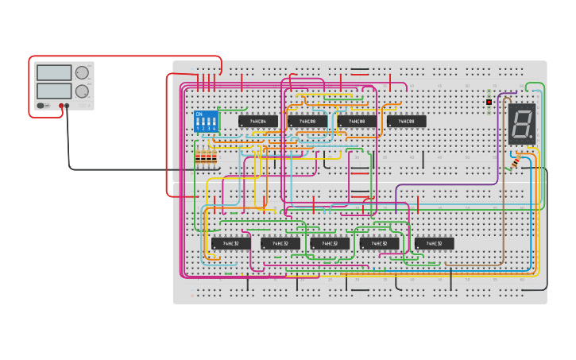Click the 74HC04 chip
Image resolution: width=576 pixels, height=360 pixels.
tap(258, 122)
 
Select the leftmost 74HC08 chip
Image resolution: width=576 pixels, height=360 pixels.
tap(307, 122)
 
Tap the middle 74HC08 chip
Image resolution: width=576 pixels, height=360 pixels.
tap(357, 122)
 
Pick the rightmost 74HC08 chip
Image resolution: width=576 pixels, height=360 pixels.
tap(406, 122)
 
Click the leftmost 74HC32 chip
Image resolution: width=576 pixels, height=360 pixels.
tap(231, 243)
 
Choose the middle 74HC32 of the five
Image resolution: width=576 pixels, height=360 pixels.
tap(330, 243)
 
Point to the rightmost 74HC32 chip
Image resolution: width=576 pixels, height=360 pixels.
tap(434, 243)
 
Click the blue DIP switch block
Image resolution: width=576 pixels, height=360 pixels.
tap(206, 122)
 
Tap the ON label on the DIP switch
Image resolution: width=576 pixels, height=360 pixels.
tap(199, 114)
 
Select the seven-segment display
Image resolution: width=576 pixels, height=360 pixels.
tap(522, 123)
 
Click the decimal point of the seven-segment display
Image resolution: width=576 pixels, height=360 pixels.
tap(532, 137)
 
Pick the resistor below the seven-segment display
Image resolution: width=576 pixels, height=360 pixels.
tap(516, 161)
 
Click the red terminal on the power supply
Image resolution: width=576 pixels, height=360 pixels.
tap(60, 105)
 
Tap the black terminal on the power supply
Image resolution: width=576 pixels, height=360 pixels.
tap(67, 105)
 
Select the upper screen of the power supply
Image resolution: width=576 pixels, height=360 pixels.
tap(53, 73)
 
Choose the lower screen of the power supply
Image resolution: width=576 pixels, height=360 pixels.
tap(53, 91)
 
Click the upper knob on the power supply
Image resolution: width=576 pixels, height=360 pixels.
tap(82, 73)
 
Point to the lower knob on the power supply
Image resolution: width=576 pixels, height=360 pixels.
tap(82, 91)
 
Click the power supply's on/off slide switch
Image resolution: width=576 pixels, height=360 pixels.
tap(41, 105)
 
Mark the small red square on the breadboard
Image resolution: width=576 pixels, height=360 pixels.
tap(489, 102)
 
